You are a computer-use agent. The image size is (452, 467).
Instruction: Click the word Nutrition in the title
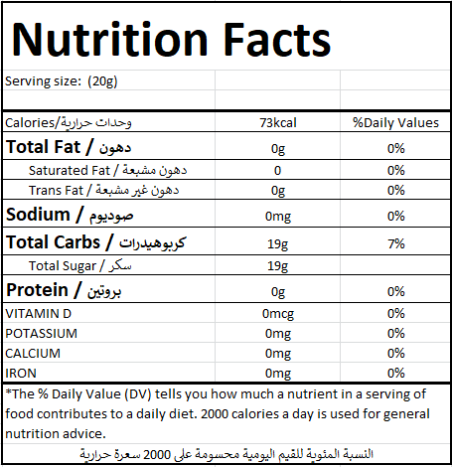(x=109, y=40)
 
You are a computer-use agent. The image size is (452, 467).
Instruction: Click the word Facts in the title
(x=277, y=40)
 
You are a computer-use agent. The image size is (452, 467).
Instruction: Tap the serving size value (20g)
(x=102, y=81)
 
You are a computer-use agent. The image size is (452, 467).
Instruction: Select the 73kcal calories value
(x=278, y=123)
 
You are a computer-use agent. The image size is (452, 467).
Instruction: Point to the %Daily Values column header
(x=395, y=123)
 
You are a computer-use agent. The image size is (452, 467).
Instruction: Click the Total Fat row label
(x=69, y=147)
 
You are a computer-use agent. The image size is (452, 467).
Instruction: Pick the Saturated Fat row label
(x=107, y=170)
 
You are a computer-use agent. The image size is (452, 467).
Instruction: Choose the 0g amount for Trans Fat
(x=278, y=191)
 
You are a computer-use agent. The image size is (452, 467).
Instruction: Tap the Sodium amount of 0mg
(x=278, y=217)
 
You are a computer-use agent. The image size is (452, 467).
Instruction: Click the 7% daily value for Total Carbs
(x=396, y=244)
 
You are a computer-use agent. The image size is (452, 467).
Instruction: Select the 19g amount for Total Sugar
(x=278, y=266)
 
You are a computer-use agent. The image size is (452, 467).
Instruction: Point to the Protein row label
(x=64, y=290)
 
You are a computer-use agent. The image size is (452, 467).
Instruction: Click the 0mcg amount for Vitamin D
(x=278, y=314)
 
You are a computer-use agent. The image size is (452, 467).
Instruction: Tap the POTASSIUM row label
(x=42, y=334)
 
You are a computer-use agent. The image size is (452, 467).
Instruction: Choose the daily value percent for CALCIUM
(x=396, y=354)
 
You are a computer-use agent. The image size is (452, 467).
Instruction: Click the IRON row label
(x=21, y=374)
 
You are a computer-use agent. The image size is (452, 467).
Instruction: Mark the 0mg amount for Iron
(x=278, y=374)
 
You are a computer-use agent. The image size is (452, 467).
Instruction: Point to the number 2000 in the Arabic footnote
(x=157, y=454)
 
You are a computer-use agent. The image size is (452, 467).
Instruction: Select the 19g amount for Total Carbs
(x=278, y=244)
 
